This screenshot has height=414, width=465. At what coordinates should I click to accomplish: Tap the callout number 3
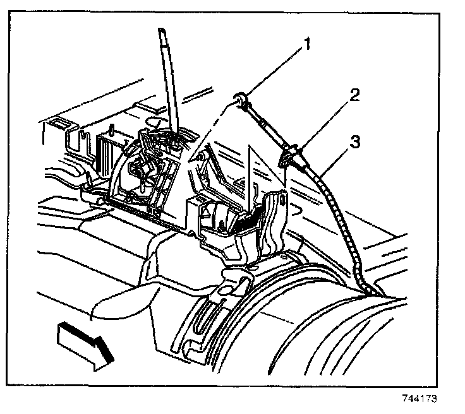(356, 142)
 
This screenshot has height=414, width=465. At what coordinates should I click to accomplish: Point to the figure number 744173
(419, 399)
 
